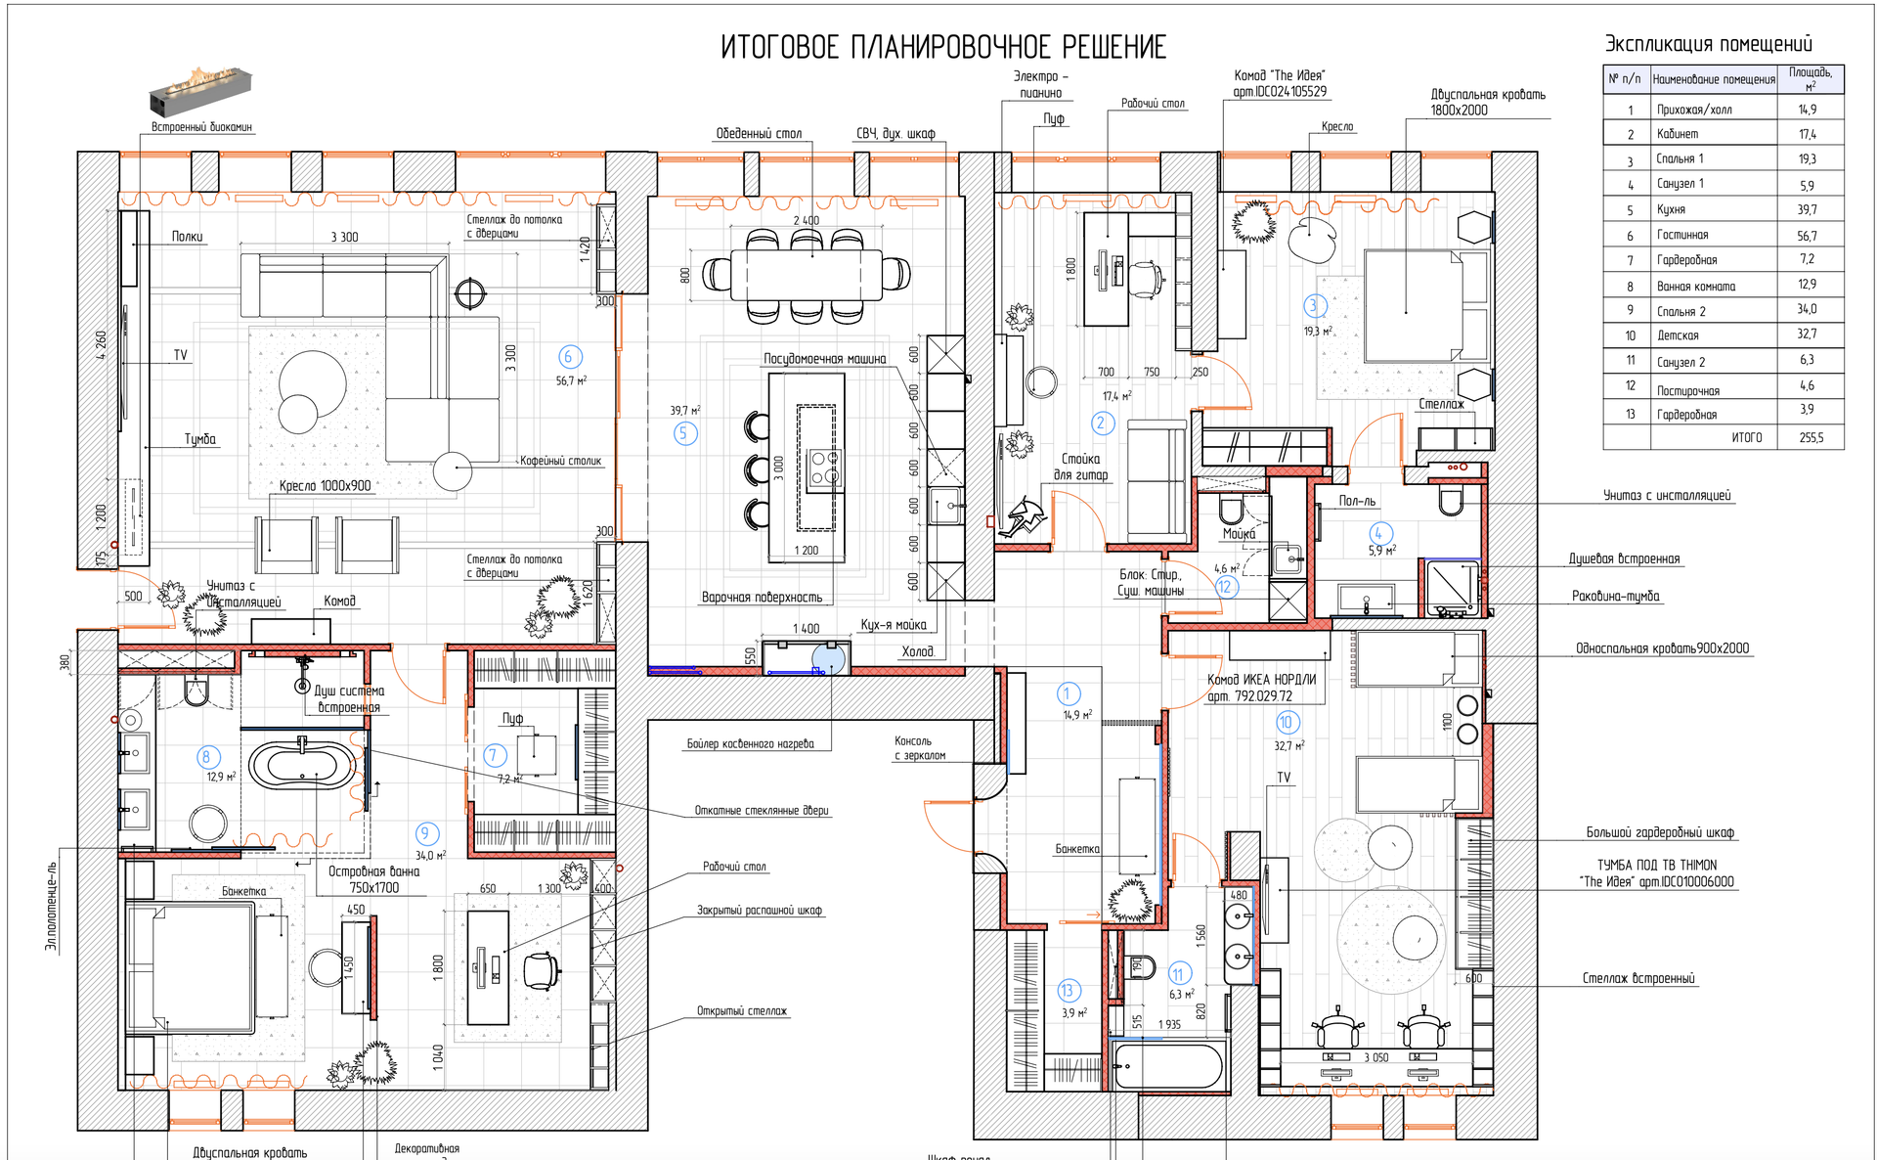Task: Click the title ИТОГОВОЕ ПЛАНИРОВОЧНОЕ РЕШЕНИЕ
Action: (943, 47)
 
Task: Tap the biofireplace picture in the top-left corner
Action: (200, 89)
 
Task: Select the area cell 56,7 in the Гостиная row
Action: (1807, 236)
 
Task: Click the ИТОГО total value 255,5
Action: (1811, 438)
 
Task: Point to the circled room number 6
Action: (569, 357)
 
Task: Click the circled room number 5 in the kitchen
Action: (685, 433)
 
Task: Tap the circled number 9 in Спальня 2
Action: (426, 833)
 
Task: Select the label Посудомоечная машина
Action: (824, 359)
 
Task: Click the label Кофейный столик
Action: (560, 461)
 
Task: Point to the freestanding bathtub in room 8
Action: (301, 765)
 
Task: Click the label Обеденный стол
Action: (759, 134)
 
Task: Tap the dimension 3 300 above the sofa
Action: (344, 238)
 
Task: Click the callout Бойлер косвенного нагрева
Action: (750, 744)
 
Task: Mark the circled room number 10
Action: (1286, 723)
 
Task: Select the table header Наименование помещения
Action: (1713, 79)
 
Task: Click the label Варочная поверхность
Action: (762, 598)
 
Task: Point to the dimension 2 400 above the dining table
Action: (806, 221)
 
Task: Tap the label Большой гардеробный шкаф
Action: (1659, 833)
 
